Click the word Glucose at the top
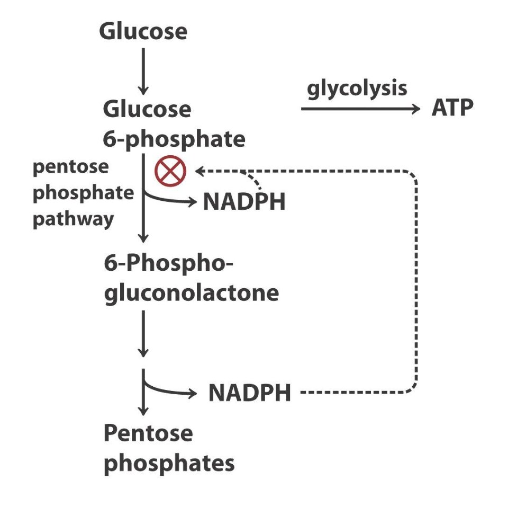pyautogui.click(x=143, y=32)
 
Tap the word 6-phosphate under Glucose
pyautogui.click(x=174, y=139)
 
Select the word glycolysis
pyautogui.click(x=357, y=88)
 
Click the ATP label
pyautogui.click(x=452, y=109)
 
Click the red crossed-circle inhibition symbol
pyautogui.click(x=170, y=171)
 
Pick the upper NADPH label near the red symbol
pyautogui.click(x=244, y=202)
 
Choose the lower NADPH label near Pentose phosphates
pyautogui.click(x=249, y=393)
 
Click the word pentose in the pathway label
pyautogui.click(x=70, y=167)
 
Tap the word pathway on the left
pyautogui.click(x=73, y=218)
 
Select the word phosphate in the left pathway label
pyautogui.click(x=84, y=193)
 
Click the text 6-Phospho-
pyautogui.click(x=168, y=263)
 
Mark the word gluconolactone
pyautogui.click(x=191, y=293)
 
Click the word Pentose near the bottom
pyautogui.click(x=148, y=433)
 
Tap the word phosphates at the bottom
pyautogui.click(x=169, y=464)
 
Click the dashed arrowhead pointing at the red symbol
pyautogui.click(x=200, y=171)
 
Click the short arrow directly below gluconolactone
pyautogui.click(x=142, y=333)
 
